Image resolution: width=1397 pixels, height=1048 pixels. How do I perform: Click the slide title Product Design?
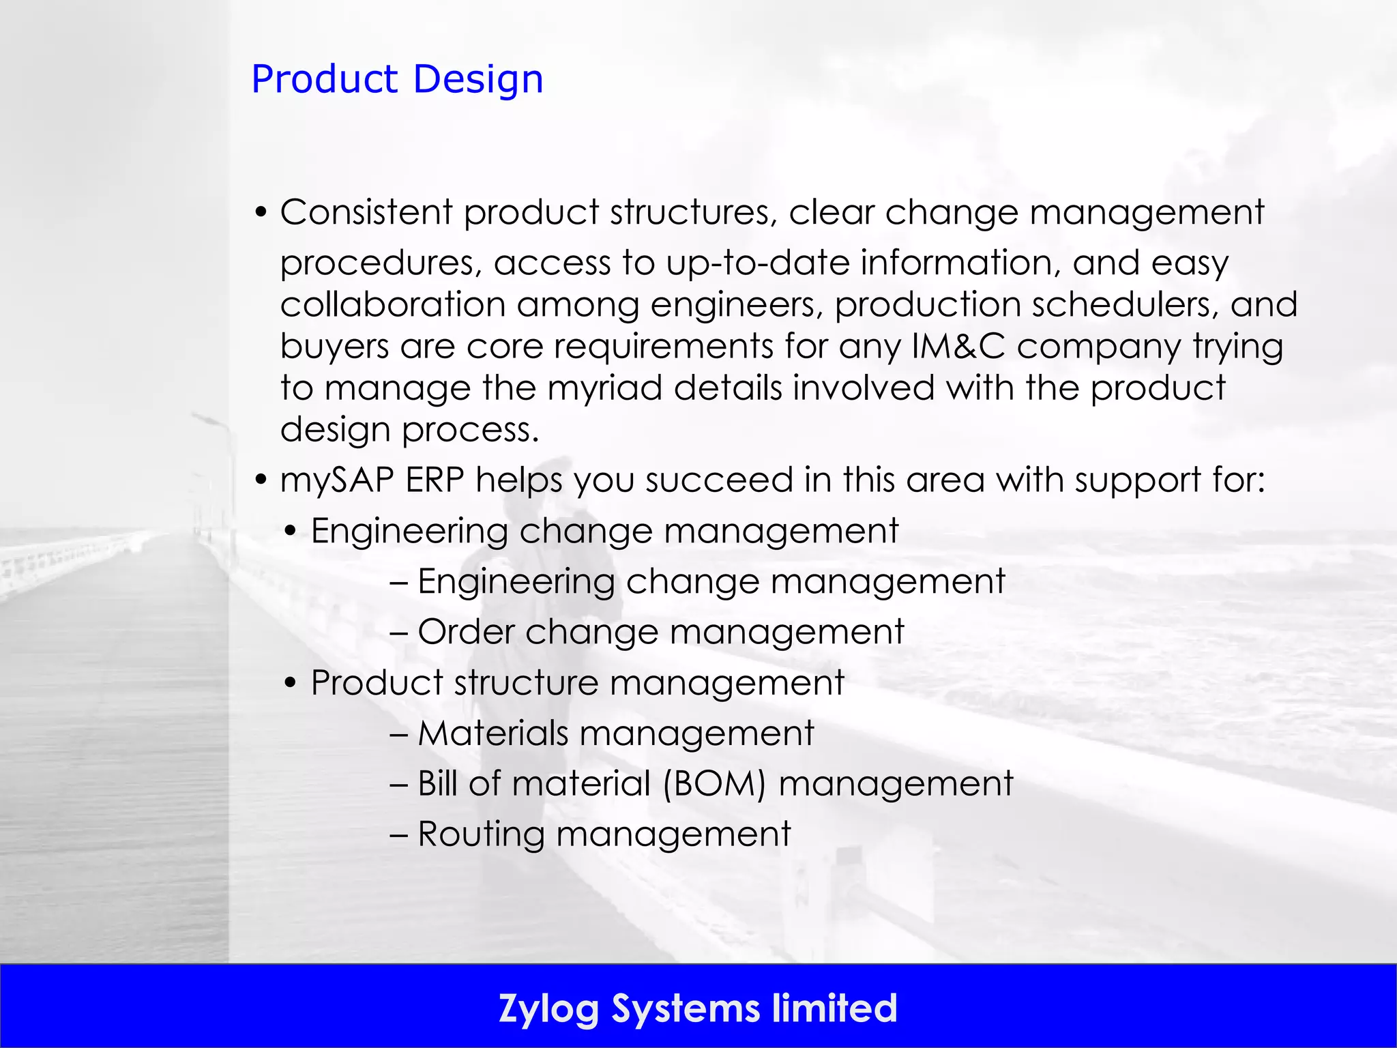coord(397,79)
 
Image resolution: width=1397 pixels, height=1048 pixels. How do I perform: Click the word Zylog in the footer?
coord(548,1008)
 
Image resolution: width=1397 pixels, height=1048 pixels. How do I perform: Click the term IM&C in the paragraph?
coord(958,346)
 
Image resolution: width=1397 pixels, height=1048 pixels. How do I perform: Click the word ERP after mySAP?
coord(435,480)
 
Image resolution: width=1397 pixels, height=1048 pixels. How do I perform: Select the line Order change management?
coord(660,632)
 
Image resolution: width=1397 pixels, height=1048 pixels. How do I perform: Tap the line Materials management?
coord(615,733)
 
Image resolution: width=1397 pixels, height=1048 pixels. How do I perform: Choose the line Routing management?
coord(604,834)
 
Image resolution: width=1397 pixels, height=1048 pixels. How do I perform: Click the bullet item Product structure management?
coord(577,682)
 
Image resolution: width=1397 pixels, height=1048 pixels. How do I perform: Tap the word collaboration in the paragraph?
coord(392,304)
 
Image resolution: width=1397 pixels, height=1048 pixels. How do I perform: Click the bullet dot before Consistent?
coord(260,213)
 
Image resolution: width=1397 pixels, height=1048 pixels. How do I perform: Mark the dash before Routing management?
coord(398,834)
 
